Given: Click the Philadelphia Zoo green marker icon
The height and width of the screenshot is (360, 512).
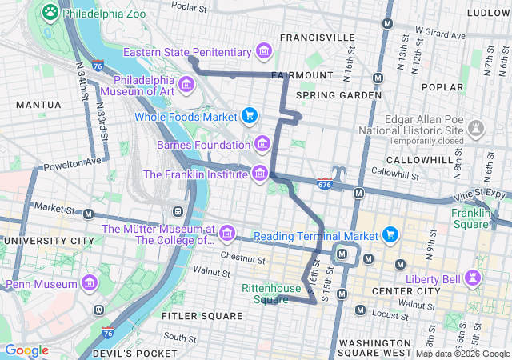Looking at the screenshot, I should point(50,12).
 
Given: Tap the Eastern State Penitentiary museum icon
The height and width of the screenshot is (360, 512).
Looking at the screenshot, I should point(263,52).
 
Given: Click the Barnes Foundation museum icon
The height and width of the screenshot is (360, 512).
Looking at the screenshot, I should point(262,145).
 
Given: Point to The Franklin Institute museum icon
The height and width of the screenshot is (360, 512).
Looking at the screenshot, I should point(259,174).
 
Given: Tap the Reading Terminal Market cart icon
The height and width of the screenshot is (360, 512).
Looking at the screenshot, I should point(390,235).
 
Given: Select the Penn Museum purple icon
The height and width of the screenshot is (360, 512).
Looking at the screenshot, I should point(89,283).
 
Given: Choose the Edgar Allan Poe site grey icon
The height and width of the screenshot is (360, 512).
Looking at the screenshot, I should point(476,127).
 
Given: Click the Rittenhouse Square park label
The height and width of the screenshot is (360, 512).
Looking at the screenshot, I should point(271,294).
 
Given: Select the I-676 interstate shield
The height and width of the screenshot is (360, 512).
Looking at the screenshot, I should point(324,184).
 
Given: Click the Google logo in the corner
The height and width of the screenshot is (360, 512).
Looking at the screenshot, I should point(27,350).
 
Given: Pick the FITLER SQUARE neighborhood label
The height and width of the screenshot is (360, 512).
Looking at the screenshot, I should point(202,316).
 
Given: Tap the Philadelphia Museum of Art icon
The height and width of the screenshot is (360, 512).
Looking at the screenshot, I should point(186,84).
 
